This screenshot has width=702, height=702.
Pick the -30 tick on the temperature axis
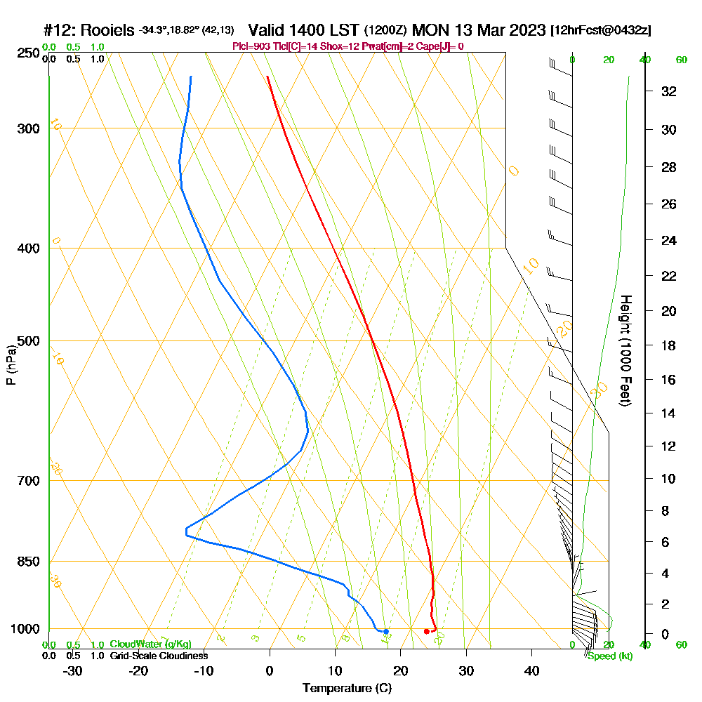coord(72,671)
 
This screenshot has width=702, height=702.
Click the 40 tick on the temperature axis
coord(531,671)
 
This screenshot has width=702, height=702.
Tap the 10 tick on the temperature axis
coord(335,671)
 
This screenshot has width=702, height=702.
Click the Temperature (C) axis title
coord(347,689)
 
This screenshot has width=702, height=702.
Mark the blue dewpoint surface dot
coord(385,632)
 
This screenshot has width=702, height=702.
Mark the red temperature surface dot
coord(427,632)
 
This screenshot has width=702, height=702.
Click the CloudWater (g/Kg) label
coord(150,644)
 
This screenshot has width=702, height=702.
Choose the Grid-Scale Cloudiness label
coord(159,656)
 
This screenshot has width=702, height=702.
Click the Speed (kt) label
coord(609,656)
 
